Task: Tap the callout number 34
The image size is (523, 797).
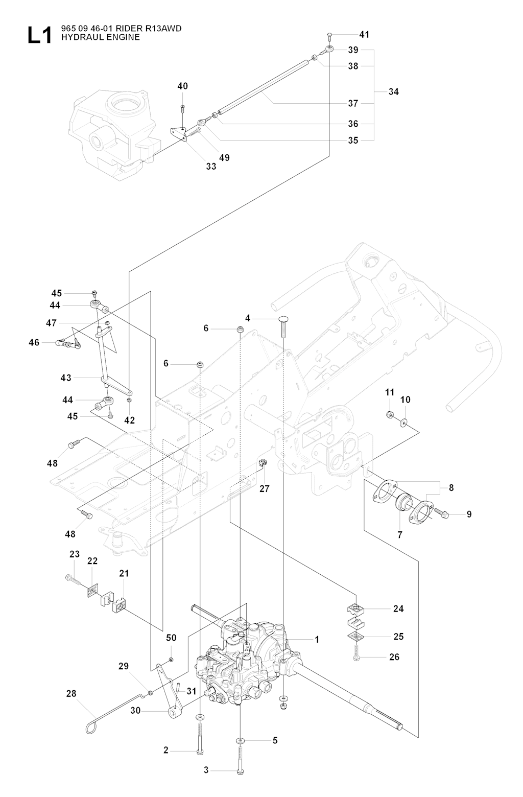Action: [393, 92]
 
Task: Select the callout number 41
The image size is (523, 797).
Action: [364, 35]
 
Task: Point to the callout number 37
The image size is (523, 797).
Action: [353, 103]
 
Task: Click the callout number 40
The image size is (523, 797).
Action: [182, 86]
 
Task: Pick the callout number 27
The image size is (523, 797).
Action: [264, 488]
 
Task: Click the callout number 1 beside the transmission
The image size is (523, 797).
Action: [317, 639]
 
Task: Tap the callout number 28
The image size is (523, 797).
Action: [71, 693]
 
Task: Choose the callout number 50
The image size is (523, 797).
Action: [171, 638]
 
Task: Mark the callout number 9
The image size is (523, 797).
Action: [469, 514]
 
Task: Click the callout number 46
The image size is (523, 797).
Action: [34, 342]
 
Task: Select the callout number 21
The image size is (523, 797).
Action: [124, 573]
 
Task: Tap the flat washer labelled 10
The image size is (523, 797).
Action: [405, 422]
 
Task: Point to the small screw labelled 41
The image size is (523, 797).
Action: [329, 36]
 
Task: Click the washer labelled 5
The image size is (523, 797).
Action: [240, 740]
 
